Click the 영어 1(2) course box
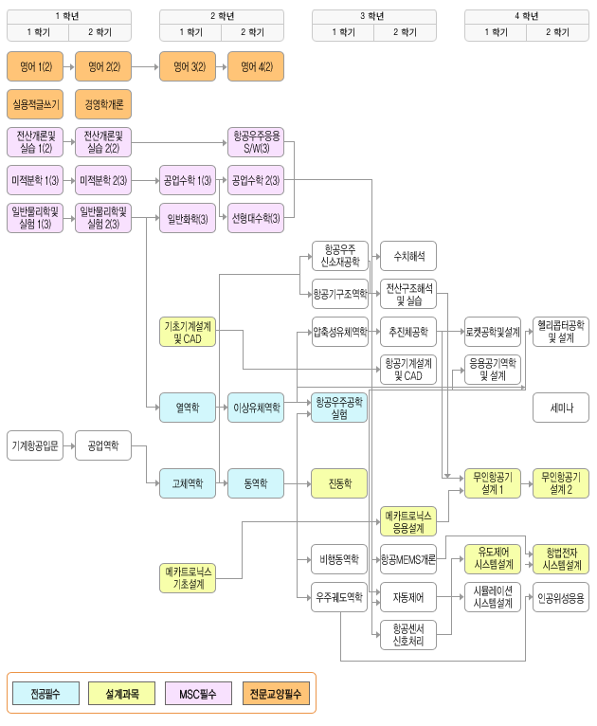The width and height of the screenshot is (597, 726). pyautogui.click(x=35, y=67)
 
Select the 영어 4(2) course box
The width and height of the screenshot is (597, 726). pyautogui.click(x=256, y=67)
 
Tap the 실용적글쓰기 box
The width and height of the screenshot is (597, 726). pyautogui.click(x=35, y=102)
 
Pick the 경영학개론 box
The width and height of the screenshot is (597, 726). pyautogui.click(x=103, y=102)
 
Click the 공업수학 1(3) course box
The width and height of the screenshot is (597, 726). pyautogui.click(x=188, y=180)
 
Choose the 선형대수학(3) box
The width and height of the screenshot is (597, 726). pyautogui.click(x=256, y=219)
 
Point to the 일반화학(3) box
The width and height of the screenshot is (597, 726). pyautogui.click(x=188, y=219)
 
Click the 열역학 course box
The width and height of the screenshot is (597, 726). pyautogui.click(x=188, y=408)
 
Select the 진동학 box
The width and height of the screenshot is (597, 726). pyautogui.click(x=339, y=482)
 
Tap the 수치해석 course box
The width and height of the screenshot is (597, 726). pyautogui.click(x=408, y=256)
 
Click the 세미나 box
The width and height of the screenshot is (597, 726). pyautogui.click(x=561, y=408)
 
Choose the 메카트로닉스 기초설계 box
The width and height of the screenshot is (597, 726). pyautogui.click(x=188, y=577)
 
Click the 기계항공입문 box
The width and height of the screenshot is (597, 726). pyautogui.click(x=35, y=445)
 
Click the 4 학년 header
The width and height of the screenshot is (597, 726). pyautogui.click(x=527, y=15)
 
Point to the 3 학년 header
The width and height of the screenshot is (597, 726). pyautogui.click(x=372, y=15)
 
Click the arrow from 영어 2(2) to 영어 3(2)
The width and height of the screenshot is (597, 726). pyautogui.click(x=145, y=67)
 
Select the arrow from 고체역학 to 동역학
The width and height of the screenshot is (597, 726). pyautogui.click(x=222, y=482)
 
